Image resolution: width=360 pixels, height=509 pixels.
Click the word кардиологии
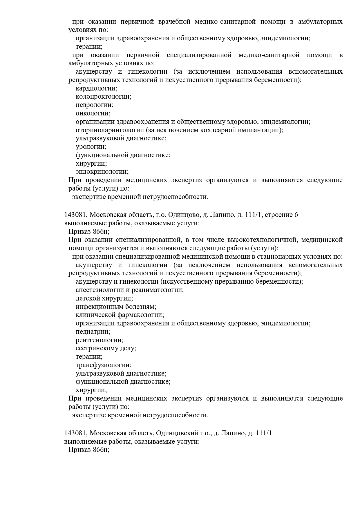[x=96, y=88]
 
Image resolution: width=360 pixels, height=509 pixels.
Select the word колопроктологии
[x=103, y=97]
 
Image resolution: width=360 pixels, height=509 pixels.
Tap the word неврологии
[x=94, y=105]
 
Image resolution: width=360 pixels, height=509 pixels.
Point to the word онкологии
[x=93, y=113]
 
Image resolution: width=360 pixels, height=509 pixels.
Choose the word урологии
[x=91, y=147]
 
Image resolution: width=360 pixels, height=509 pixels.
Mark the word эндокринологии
[x=102, y=172]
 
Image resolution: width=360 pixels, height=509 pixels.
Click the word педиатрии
[x=93, y=332]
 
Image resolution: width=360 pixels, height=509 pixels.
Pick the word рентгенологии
[x=99, y=340]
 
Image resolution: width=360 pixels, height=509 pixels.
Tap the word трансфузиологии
[x=103, y=365]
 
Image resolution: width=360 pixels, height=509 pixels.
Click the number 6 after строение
[x=296, y=215]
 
